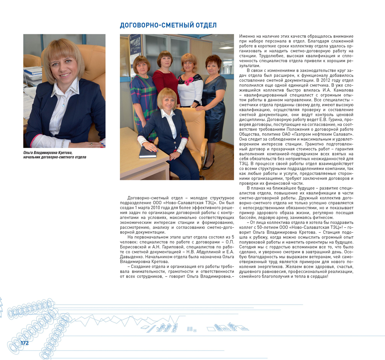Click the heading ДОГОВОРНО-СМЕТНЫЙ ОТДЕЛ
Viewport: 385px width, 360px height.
168,26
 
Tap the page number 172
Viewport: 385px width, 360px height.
24,343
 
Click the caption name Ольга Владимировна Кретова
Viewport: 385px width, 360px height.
47,152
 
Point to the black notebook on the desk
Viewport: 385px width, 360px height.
147,152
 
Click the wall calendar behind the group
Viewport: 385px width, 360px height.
135,53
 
